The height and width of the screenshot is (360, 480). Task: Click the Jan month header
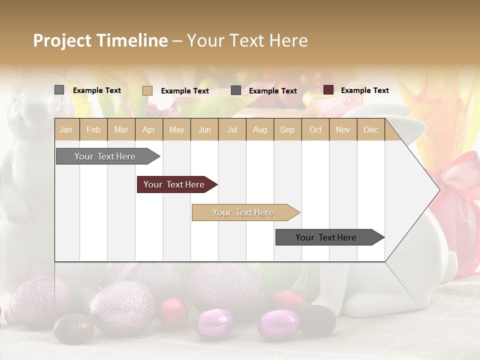point(66,129)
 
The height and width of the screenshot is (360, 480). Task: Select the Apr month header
point(148,129)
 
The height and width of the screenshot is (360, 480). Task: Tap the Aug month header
point(259,129)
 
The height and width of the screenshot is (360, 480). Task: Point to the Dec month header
point(370,129)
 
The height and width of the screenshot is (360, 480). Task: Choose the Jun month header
point(204,129)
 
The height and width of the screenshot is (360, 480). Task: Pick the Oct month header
point(315,129)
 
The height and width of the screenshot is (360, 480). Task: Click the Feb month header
point(93,129)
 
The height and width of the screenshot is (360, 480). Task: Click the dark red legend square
point(328,90)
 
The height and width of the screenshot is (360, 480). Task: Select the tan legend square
point(147,90)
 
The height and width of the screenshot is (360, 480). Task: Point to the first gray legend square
point(59,90)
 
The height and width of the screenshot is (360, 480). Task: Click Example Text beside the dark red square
point(364,90)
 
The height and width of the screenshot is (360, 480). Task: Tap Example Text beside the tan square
point(184,91)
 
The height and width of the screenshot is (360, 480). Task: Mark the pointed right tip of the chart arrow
point(439,190)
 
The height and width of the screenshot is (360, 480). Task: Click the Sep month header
point(287,129)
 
